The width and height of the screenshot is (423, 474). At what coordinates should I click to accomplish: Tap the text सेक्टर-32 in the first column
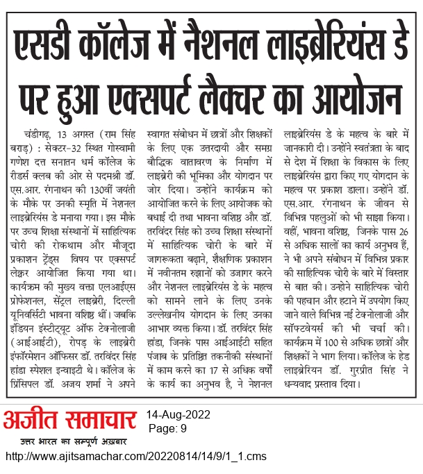tap(70, 148)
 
